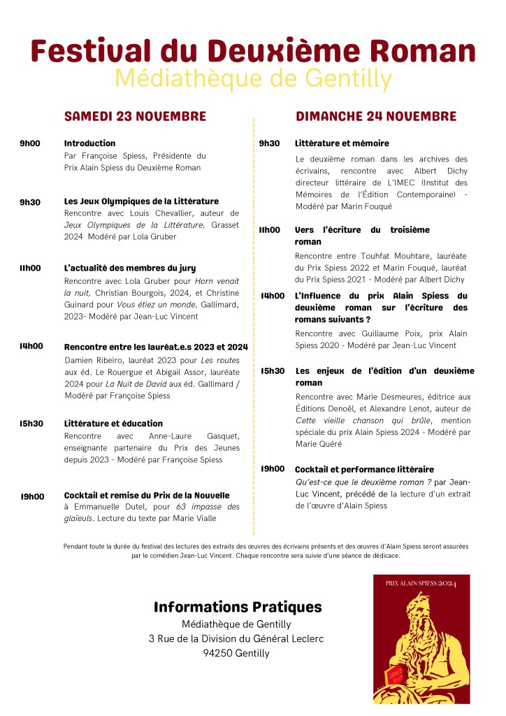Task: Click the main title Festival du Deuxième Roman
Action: (x=253, y=51)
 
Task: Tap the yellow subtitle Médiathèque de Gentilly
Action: (x=253, y=78)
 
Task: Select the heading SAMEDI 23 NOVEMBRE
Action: (x=135, y=116)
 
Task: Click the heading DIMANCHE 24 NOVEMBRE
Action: (x=376, y=116)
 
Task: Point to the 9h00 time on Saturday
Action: (x=30, y=143)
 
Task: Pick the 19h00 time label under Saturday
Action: (x=32, y=496)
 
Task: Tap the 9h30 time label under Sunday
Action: (x=269, y=143)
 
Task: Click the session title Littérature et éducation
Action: (x=113, y=423)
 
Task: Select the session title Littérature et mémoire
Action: (x=342, y=143)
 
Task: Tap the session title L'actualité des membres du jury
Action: (x=130, y=268)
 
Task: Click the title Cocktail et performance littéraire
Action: (x=364, y=469)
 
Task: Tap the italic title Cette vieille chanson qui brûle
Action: (x=363, y=420)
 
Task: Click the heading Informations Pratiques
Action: (x=238, y=607)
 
